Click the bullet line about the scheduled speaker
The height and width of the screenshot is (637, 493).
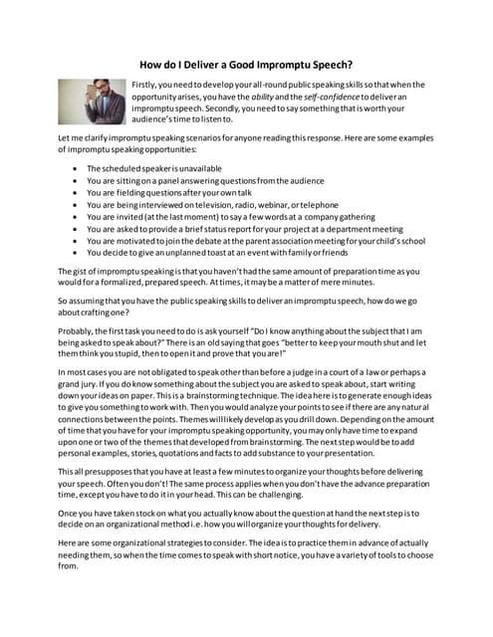click(153, 168)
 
